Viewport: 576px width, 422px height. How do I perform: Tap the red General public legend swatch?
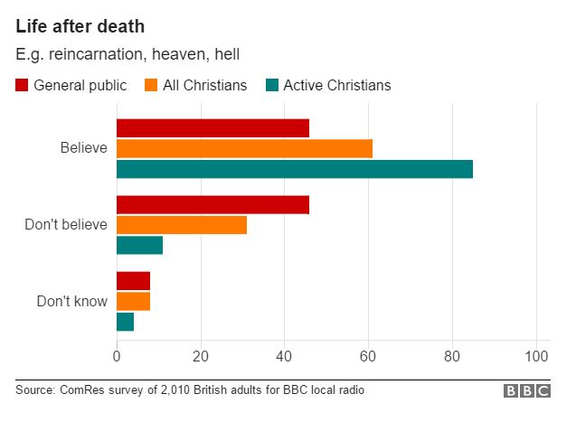[x=22, y=86]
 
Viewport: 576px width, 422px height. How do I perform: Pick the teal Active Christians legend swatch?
[x=271, y=86]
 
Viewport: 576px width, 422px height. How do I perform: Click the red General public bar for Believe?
[x=212, y=127]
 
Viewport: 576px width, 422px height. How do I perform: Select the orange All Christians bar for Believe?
[x=244, y=148]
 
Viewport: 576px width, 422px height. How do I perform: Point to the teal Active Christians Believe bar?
[x=295, y=169]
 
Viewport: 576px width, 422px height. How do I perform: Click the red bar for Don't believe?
[x=212, y=204]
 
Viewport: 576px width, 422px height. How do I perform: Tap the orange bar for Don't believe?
[x=182, y=225]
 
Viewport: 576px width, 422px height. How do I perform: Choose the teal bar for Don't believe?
[x=139, y=245]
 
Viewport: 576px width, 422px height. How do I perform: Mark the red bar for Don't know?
[x=133, y=280]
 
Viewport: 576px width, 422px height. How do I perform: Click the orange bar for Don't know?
[x=133, y=301]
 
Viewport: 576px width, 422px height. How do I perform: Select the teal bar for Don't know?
[x=125, y=322]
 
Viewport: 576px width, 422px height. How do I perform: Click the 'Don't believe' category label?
[x=65, y=224]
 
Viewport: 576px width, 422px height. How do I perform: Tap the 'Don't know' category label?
[x=71, y=301]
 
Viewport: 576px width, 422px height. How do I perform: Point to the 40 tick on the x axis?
[x=284, y=357]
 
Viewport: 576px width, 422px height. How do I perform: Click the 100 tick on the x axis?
[x=537, y=357]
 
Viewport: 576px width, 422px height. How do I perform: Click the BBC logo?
[x=526, y=391]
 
